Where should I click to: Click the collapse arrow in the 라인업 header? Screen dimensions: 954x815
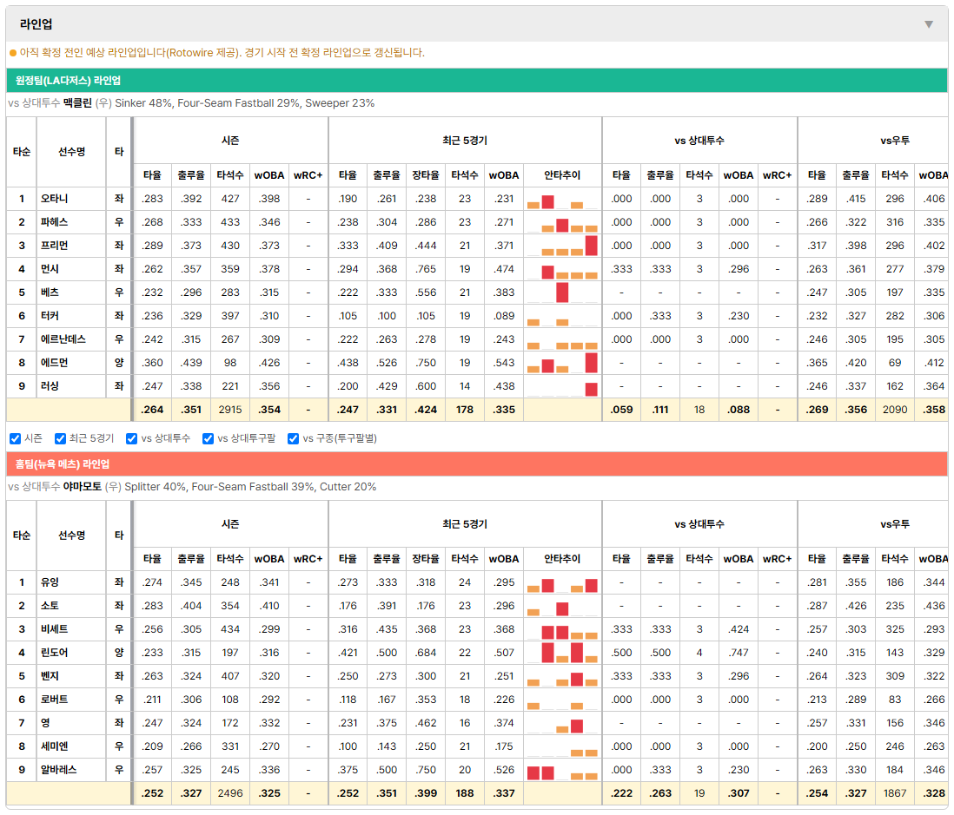pyautogui.click(x=929, y=24)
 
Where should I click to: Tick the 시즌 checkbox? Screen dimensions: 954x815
pyautogui.click(x=16, y=438)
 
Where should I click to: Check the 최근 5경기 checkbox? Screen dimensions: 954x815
pyautogui.click(x=60, y=438)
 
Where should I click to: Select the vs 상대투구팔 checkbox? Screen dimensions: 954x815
pyautogui.click(x=208, y=438)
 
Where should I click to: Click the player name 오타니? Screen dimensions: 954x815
pyautogui.click(x=54, y=199)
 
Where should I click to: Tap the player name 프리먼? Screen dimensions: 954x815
pyautogui.click(x=54, y=246)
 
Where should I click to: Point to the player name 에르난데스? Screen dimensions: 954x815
pyautogui.click(x=63, y=339)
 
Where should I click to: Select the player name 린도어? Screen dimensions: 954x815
pyautogui.click(x=54, y=653)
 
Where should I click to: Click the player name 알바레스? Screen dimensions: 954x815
pyautogui.click(x=58, y=769)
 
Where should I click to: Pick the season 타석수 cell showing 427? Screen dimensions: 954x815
pyautogui.click(x=230, y=199)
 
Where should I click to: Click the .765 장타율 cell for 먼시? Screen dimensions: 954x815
pyautogui.click(x=426, y=268)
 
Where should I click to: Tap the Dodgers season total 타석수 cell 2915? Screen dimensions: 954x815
pyautogui.click(x=230, y=410)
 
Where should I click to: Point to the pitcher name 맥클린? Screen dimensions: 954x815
pyautogui.click(x=77, y=102)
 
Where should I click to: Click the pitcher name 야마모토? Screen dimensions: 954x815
pyautogui.click(x=83, y=486)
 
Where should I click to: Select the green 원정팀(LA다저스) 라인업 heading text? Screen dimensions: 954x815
pyautogui.click(x=68, y=80)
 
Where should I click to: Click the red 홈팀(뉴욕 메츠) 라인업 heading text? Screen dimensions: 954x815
pyautogui.click(x=63, y=463)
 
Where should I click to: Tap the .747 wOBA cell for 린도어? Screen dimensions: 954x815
pyautogui.click(x=739, y=653)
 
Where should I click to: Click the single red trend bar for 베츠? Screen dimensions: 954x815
pyautogui.click(x=562, y=292)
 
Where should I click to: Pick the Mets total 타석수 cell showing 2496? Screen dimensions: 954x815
pyautogui.click(x=230, y=793)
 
